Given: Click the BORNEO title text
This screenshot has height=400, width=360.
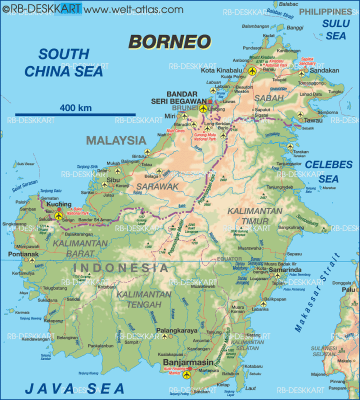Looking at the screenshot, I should [169, 41].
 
